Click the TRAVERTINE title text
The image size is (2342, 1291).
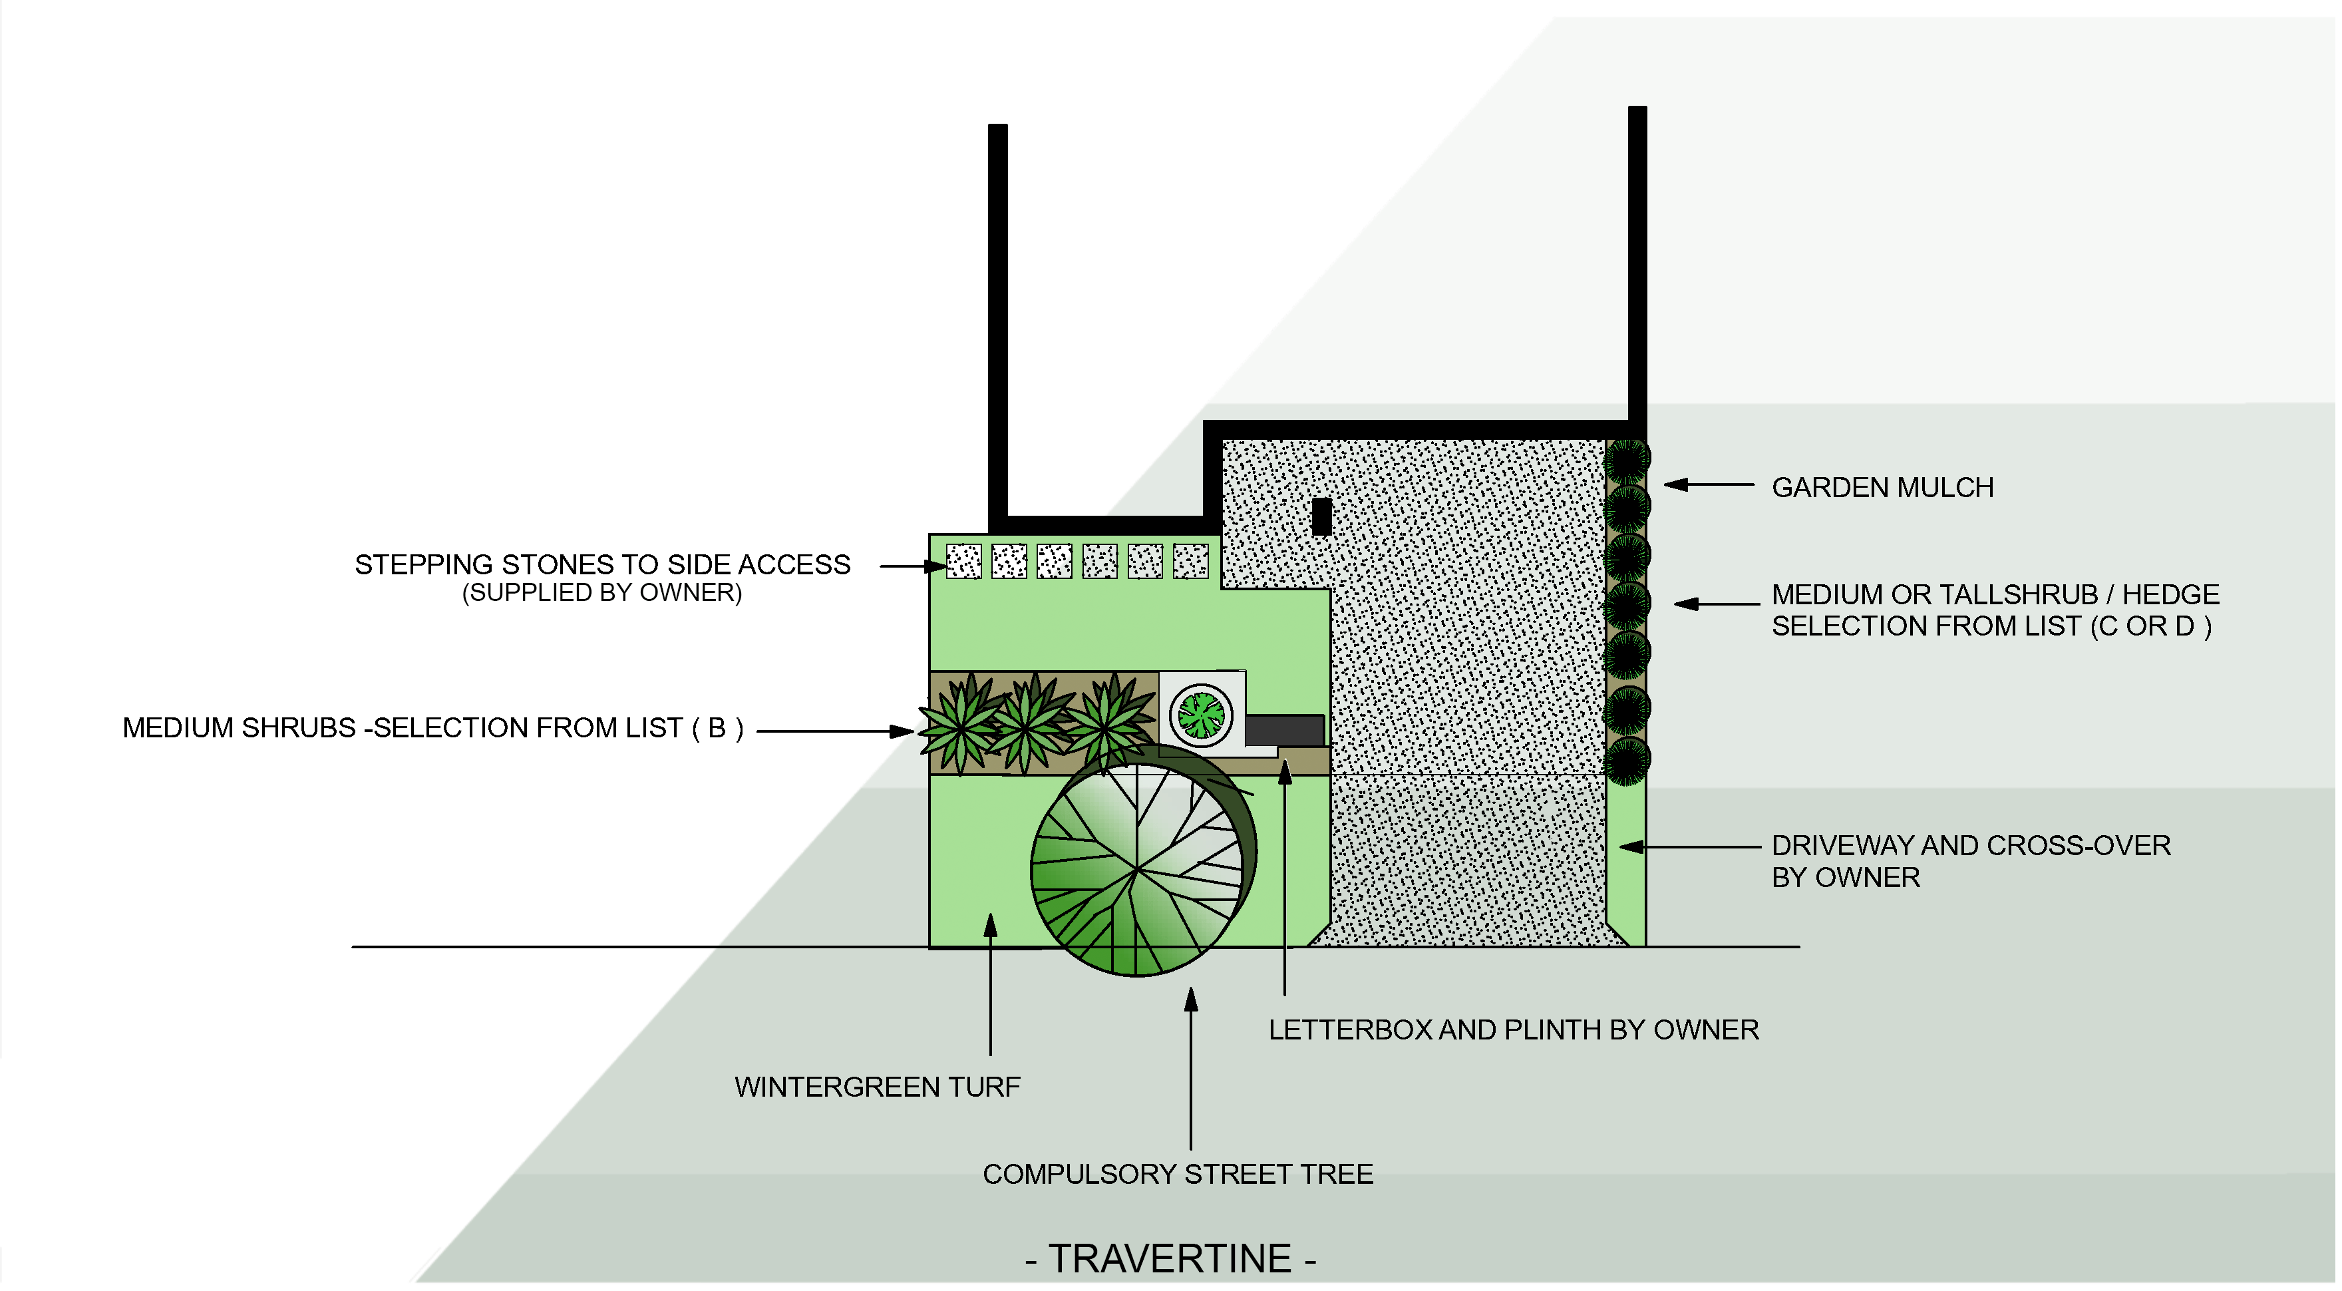[x=1170, y=1259]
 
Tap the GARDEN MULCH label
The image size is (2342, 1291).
[x=1882, y=487]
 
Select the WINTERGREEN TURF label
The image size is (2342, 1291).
[x=878, y=1087]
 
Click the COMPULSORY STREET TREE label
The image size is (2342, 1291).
[x=1178, y=1174]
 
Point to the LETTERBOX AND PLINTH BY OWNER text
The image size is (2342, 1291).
[x=1514, y=1029]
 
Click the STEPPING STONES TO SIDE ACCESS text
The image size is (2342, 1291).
[x=602, y=564]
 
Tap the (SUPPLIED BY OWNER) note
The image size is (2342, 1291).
[x=602, y=593]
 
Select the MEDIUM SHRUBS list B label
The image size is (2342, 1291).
[x=432, y=728]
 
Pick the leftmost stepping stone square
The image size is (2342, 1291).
[x=963, y=561]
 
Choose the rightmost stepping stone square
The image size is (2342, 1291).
[x=1190, y=561]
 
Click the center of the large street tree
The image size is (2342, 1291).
[x=1137, y=870]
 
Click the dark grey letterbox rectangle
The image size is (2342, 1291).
[x=1283, y=729]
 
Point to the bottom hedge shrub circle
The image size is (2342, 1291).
[x=1627, y=759]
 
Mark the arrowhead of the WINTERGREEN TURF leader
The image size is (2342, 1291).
[x=990, y=924]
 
